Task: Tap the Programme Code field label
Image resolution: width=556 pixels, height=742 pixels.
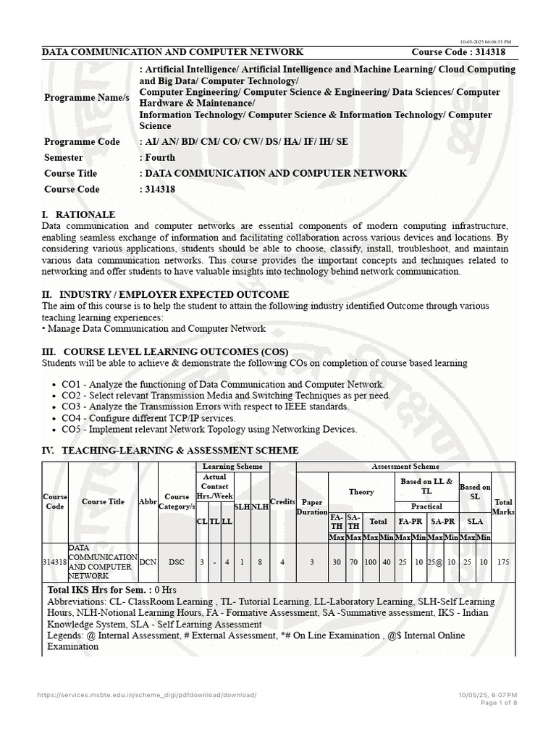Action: click(x=82, y=141)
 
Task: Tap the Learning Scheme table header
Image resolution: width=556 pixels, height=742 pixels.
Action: click(x=232, y=467)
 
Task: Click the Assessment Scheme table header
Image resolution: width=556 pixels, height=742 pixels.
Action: click(x=405, y=467)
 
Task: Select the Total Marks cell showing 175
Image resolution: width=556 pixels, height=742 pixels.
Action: click(x=503, y=562)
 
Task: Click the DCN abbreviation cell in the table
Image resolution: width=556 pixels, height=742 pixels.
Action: click(x=148, y=562)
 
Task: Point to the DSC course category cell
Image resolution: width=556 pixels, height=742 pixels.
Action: click(x=177, y=562)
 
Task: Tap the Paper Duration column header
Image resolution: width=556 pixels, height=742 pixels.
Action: click(x=312, y=506)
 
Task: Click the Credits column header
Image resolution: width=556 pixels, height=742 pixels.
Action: click(x=282, y=501)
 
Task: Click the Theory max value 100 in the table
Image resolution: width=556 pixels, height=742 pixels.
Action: click(x=371, y=562)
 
